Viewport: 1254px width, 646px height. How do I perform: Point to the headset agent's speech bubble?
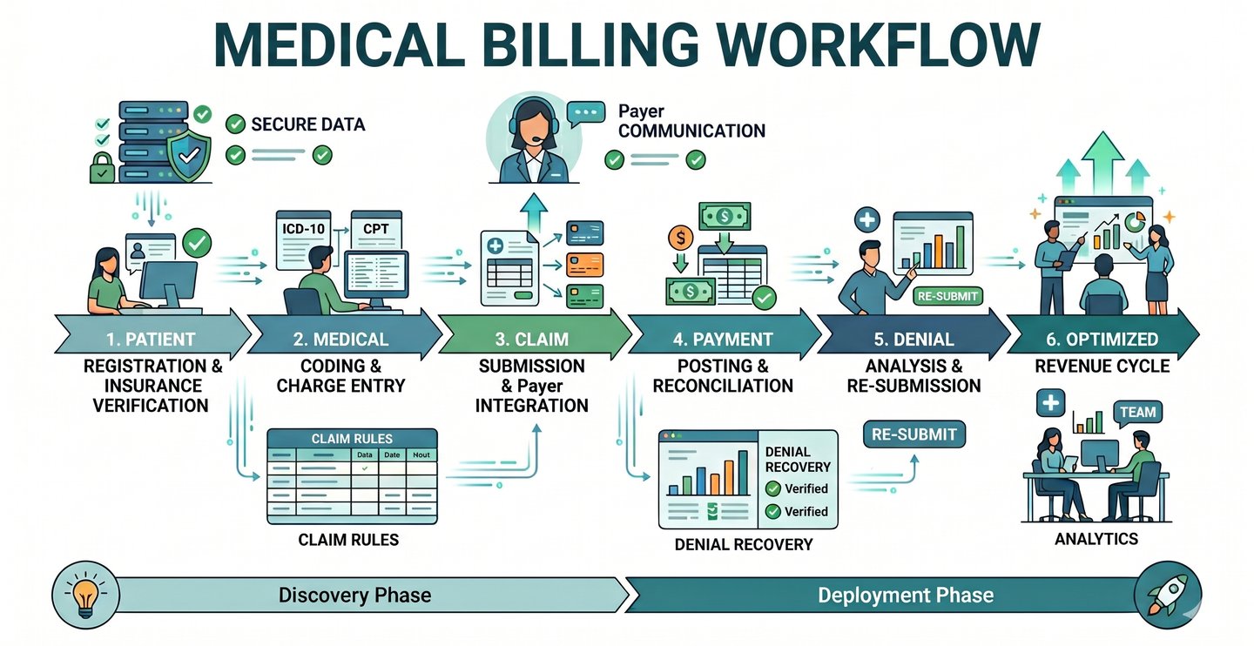[584, 114]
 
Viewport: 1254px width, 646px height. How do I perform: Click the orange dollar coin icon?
[680, 237]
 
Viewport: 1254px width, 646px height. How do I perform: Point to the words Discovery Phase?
[354, 596]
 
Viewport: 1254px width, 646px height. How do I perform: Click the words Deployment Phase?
[906, 596]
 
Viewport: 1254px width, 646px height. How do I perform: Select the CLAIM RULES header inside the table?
[352, 439]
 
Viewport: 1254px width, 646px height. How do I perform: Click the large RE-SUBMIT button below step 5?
[914, 434]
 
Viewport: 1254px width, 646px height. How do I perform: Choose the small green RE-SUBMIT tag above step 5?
[948, 296]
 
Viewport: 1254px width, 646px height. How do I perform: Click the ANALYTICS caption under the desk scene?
[1096, 539]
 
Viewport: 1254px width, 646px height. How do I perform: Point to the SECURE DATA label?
[307, 124]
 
